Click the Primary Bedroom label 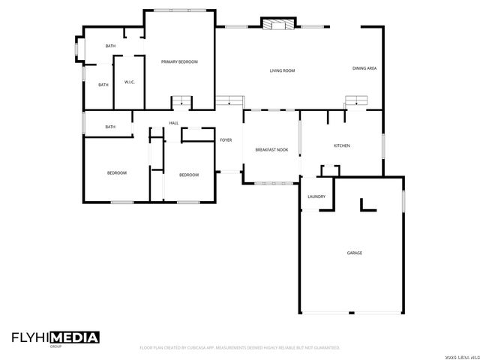click(179, 61)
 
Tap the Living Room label click(282, 70)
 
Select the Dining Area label click(364, 69)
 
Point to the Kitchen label click(342, 145)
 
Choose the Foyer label click(226, 140)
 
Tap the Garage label click(355, 253)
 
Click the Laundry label click(316, 196)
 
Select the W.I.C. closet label click(129, 82)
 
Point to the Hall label click(173, 123)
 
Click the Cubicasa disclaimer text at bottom click(240, 348)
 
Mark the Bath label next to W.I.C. click(103, 85)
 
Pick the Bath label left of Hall click(110, 127)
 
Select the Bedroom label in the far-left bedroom click(116, 173)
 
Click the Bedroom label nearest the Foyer click(188, 175)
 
